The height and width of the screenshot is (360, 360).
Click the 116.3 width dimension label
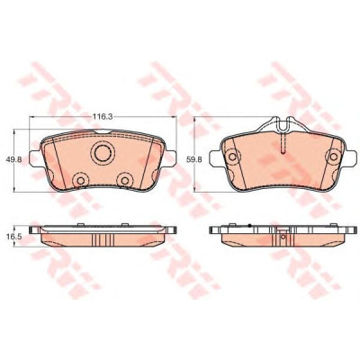click(x=103, y=117)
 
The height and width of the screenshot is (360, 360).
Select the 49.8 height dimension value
click(x=13, y=160)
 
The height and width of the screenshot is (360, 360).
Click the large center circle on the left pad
click(x=103, y=153)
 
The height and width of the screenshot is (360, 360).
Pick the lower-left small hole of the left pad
click(x=81, y=180)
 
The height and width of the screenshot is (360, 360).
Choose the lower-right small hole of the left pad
click(x=125, y=180)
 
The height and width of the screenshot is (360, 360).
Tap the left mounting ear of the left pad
click(x=34, y=158)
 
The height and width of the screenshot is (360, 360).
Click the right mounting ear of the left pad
click(x=171, y=158)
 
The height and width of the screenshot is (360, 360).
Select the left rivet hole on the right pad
click(x=232, y=157)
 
